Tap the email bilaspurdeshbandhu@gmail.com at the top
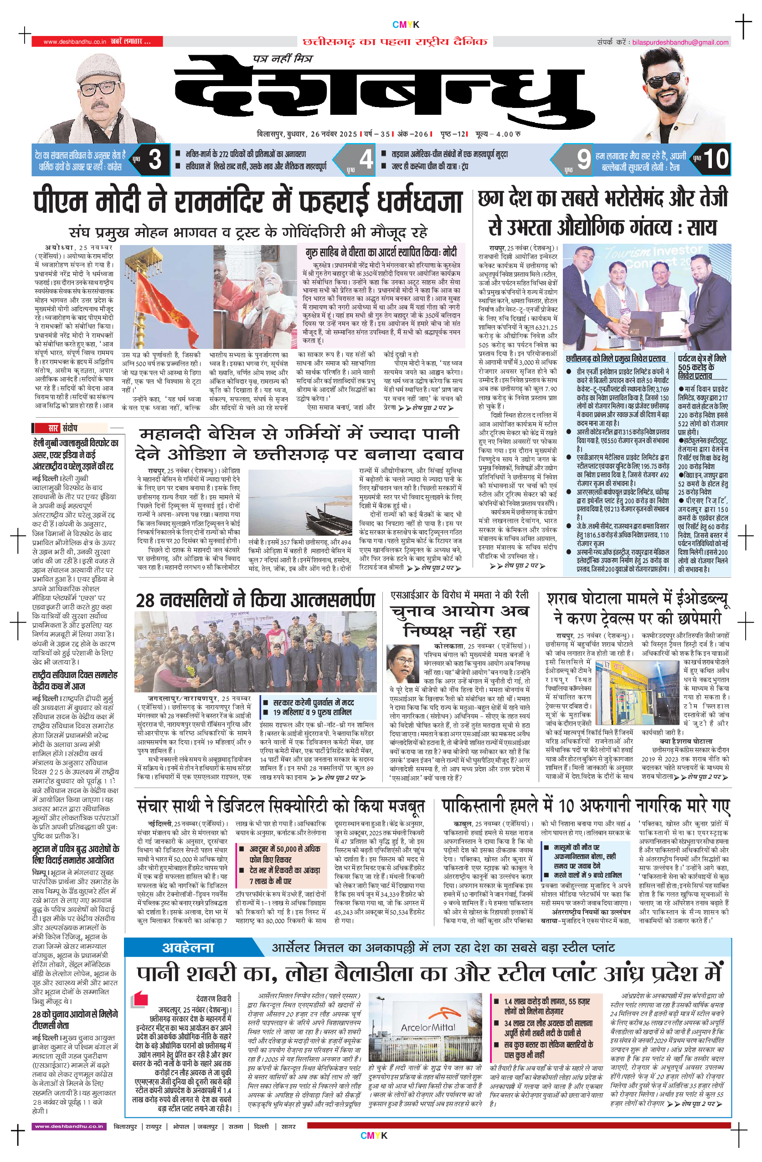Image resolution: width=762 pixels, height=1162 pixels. [680, 42]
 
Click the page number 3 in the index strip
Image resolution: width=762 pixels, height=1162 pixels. [154, 159]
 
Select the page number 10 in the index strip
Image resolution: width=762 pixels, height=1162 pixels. [715, 159]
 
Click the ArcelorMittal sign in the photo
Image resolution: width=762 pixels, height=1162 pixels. [427, 1028]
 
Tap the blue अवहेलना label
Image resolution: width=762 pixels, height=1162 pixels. [188, 947]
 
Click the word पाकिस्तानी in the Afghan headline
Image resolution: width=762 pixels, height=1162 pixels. [481, 806]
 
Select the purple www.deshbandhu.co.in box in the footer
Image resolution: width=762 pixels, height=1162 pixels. [69, 1126]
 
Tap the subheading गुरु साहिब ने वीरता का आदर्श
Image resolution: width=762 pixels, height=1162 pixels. [381, 252]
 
